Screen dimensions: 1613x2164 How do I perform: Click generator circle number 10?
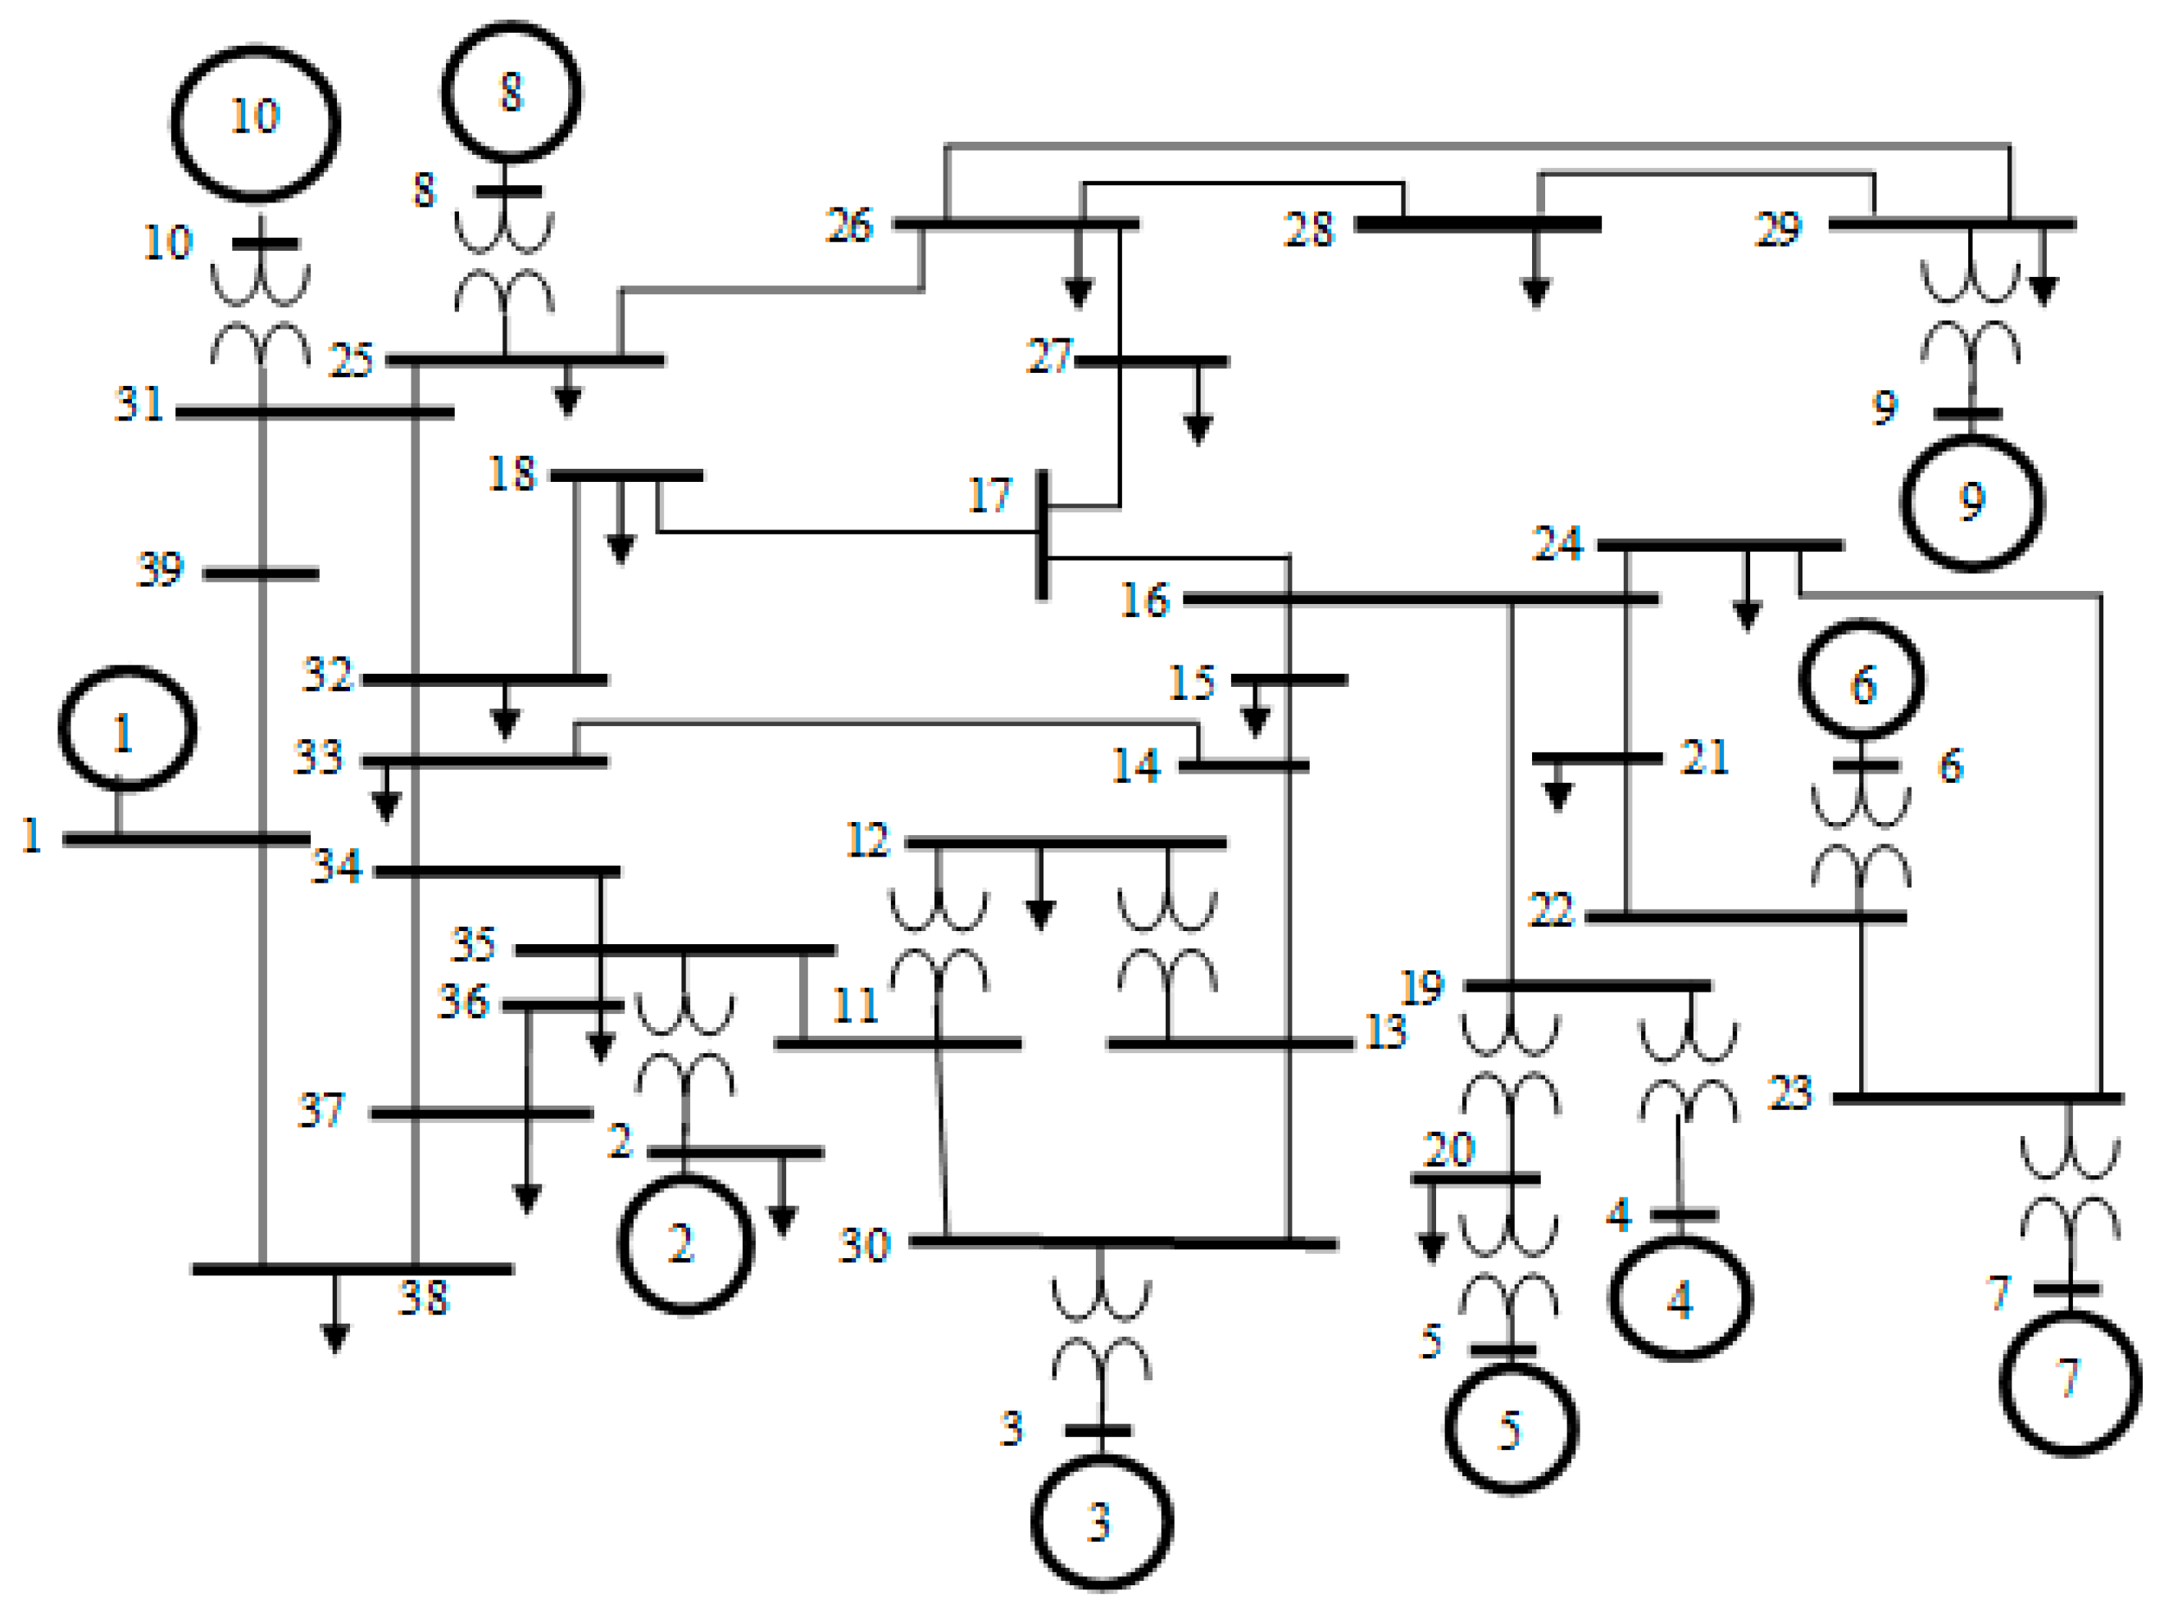coord(255,123)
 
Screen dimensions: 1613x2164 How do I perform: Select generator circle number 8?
coord(511,92)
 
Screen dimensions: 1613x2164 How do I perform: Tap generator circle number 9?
coord(1971,502)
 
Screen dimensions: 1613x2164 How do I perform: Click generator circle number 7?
coord(2071,1383)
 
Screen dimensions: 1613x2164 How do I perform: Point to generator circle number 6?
coord(1862,679)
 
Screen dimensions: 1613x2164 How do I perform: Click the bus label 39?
coord(159,570)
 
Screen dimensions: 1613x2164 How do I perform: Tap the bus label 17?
coord(989,496)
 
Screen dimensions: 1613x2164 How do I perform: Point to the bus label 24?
coord(1557,544)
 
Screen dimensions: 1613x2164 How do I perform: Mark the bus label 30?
coord(864,1247)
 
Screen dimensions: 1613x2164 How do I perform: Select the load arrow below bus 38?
coord(335,1334)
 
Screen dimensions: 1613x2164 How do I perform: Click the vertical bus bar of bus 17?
coord(1042,535)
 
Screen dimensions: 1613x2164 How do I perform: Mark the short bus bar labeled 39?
coord(261,574)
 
